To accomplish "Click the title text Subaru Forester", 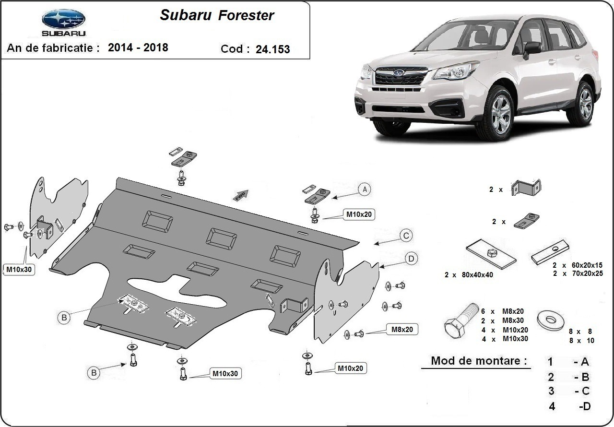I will pos(217,15).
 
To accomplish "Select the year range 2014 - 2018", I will pos(138,47).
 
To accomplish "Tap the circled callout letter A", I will pos(365,190).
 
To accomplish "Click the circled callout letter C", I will pos(406,236).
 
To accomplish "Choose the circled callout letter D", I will pos(411,259).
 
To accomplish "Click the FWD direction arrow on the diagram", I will pos(241,193).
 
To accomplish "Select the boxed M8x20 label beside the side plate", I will pos(401,329).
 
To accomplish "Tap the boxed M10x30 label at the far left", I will pos(19,269).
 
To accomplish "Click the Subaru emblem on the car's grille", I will pos(398,73).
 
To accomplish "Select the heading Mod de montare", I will pos(478,360).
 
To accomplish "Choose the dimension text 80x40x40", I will pos(471,275).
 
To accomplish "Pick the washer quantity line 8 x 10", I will pos(581,341).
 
